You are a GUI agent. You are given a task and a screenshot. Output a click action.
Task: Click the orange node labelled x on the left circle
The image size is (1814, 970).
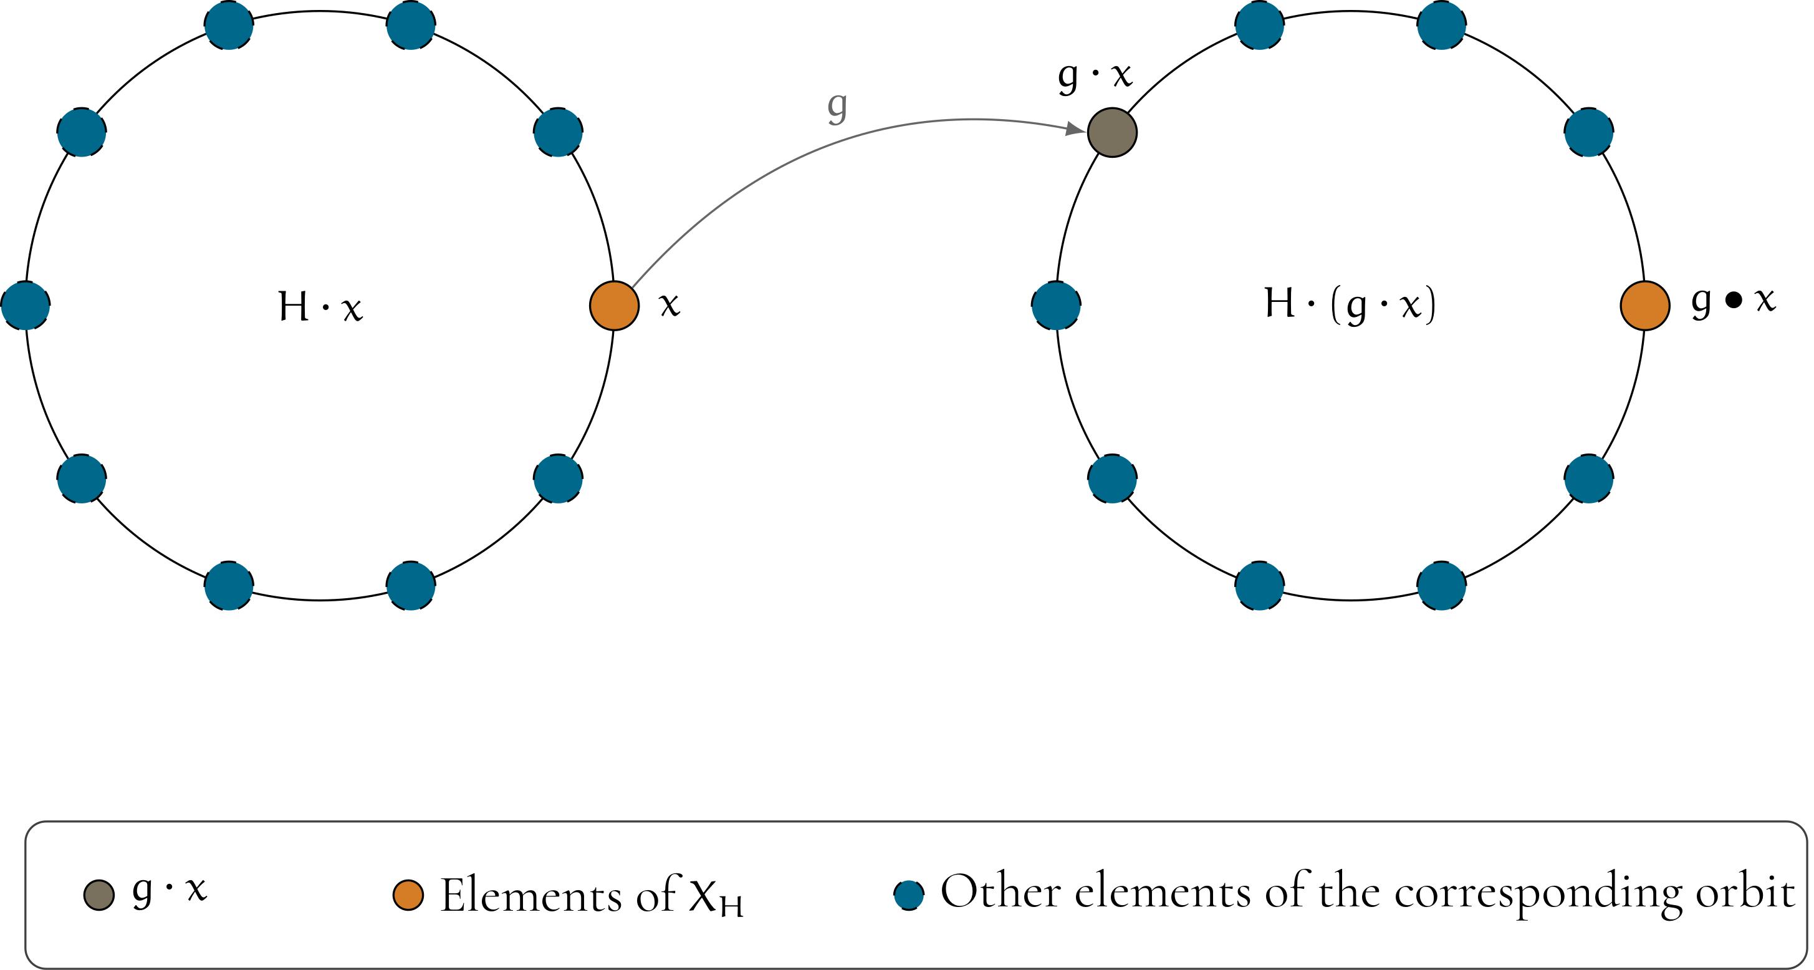pos(614,305)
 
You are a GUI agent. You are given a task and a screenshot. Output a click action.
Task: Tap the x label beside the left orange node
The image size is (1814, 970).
pos(669,304)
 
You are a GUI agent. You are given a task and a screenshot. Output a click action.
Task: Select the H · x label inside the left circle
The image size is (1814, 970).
pos(320,306)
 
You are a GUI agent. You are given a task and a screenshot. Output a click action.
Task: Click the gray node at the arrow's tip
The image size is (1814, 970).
pos(1112,132)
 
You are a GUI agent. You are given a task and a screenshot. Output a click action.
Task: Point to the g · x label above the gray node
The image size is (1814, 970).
pos(1095,75)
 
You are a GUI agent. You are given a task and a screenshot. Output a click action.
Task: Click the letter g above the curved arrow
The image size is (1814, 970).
pos(837,108)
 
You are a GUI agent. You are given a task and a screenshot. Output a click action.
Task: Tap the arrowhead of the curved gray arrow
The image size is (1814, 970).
pos(1076,129)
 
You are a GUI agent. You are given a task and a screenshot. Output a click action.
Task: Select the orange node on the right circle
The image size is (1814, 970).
pos(1645,305)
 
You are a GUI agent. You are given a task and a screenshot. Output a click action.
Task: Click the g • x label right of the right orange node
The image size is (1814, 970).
pos(1734,301)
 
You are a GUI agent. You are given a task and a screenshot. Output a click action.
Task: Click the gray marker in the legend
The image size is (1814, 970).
pos(98,895)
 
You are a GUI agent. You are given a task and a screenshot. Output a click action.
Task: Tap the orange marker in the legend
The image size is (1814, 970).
pos(408,895)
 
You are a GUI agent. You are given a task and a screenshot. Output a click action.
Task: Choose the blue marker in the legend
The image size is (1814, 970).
pos(908,895)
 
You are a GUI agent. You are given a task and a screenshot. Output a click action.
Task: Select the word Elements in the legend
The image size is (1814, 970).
pos(530,895)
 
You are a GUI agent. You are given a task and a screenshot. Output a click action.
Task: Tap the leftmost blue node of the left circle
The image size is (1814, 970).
pos(26,305)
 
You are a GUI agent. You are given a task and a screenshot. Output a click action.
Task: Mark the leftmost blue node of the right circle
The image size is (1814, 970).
pos(1056,305)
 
